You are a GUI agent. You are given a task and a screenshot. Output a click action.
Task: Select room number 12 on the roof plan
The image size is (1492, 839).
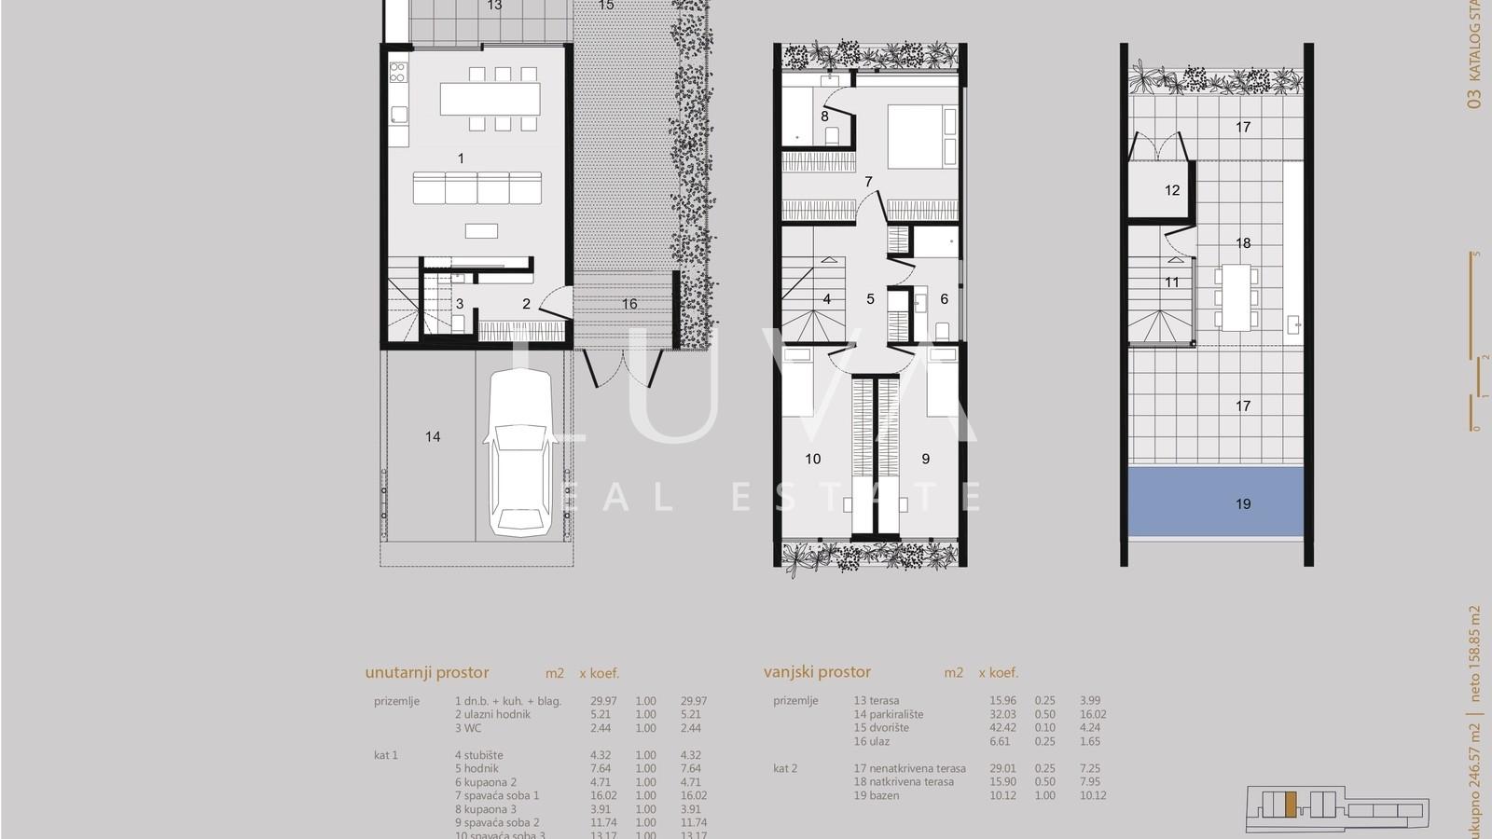(x=1172, y=190)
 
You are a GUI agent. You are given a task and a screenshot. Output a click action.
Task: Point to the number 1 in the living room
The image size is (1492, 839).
(x=461, y=158)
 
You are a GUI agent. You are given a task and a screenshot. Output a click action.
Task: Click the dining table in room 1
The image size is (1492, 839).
(x=490, y=98)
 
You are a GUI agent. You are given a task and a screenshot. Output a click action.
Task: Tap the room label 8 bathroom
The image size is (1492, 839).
(x=824, y=117)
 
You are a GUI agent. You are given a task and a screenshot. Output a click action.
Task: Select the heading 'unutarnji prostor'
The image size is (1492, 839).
(x=427, y=672)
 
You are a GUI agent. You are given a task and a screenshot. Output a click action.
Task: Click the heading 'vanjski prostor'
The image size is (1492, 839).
(x=817, y=671)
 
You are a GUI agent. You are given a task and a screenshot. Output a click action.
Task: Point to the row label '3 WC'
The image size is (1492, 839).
(x=470, y=728)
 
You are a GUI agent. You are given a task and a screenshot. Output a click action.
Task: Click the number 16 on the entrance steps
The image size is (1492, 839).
(x=629, y=304)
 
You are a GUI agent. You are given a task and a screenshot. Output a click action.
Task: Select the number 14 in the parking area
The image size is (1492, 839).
(x=433, y=436)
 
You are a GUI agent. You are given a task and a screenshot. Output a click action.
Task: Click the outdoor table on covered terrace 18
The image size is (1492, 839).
(x=1237, y=297)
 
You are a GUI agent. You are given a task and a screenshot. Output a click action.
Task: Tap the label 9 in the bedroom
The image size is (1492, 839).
(x=926, y=459)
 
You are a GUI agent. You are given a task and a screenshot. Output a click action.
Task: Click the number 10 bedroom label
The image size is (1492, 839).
(x=813, y=459)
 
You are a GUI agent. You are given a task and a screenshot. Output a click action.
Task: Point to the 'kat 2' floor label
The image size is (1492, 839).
(x=785, y=768)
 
